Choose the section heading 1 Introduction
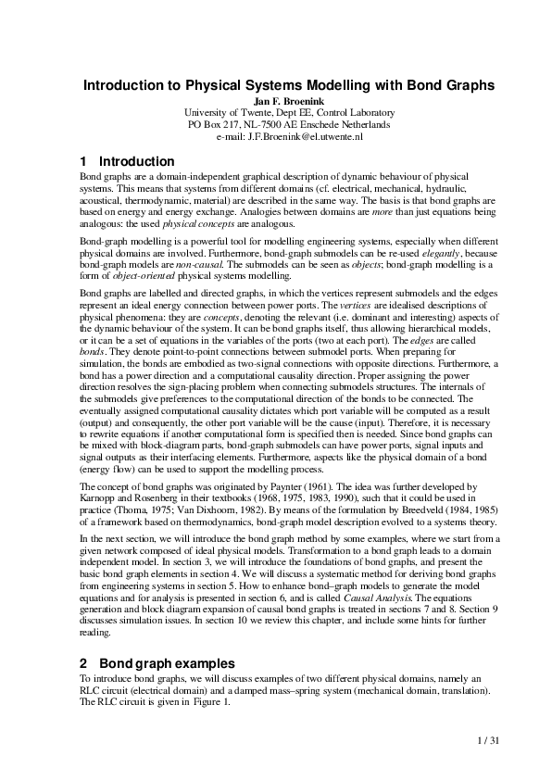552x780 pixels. [127, 161]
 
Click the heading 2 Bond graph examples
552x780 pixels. [157, 663]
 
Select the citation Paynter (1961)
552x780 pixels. [274, 486]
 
